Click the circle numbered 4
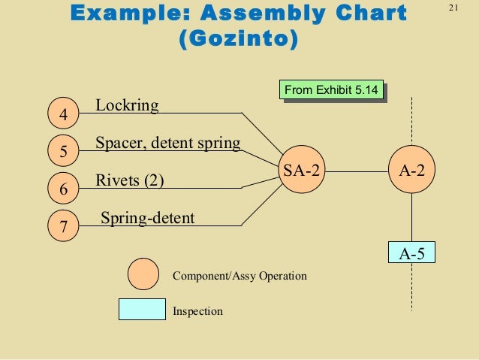63,115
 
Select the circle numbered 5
63,151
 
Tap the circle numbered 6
63,190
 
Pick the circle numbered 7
63,226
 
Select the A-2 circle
411,171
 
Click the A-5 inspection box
411,254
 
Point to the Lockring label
128,105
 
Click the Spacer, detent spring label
168,142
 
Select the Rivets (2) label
130,180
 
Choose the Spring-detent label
147,218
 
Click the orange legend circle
143,274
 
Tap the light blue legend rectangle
142,309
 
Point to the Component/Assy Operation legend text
239,276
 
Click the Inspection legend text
197,310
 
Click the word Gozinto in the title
237,38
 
